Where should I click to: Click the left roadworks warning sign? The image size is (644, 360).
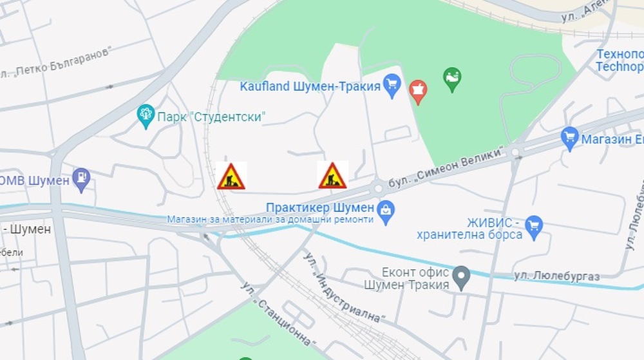point(231,176)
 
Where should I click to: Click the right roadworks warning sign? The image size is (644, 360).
point(332,175)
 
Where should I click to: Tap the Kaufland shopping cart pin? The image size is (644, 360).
point(392,84)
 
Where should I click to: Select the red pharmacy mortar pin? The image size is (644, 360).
point(417,91)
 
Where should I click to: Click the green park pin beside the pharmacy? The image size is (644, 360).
point(453,79)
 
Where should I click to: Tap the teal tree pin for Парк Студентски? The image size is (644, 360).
point(146,116)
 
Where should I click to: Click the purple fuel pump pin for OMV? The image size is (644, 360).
point(81,180)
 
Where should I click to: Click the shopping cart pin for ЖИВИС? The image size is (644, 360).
point(533,225)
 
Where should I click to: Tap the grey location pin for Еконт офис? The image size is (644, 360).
point(460,277)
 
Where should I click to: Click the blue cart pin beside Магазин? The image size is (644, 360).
point(569,138)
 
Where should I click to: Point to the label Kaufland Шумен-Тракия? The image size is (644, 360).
point(310,86)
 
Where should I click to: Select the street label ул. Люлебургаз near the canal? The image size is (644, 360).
point(557,276)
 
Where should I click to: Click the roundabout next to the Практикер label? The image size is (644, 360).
point(378,188)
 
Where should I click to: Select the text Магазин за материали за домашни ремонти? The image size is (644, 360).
point(270,219)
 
